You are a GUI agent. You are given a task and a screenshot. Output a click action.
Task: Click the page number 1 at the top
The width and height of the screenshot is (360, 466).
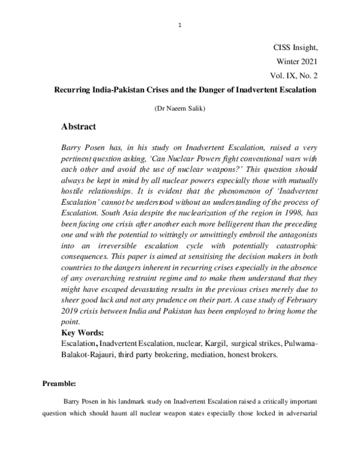coord(180,24)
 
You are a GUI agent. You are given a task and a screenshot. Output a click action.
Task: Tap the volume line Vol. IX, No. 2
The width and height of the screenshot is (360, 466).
coord(296,76)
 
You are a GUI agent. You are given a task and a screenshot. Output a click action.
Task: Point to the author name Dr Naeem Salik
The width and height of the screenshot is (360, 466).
coord(180,109)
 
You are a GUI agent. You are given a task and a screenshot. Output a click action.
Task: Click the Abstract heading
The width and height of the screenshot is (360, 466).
coord(85,127)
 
